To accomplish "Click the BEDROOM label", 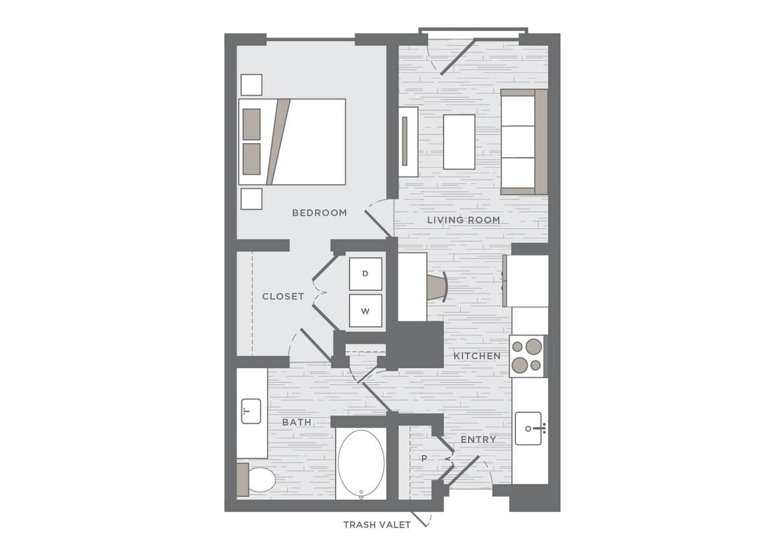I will pyautogui.click(x=319, y=213).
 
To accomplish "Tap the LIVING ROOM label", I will pyautogui.click(x=463, y=220).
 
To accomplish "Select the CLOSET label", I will pyautogui.click(x=283, y=296).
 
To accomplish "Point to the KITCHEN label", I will pyautogui.click(x=477, y=356).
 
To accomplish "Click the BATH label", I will pyautogui.click(x=297, y=422).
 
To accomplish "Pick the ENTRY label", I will pyautogui.click(x=478, y=440).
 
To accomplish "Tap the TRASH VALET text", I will pyautogui.click(x=377, y=525).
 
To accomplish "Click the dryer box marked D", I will pyautogui.click(x=365, y=273).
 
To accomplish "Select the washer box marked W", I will pyautogui.click(x=365, y=310).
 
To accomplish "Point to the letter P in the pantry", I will pyautogui.click(x=424, y=458).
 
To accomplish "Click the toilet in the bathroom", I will pyautogui.click(x=260, y=480).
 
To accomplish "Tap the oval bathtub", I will pyautogui.click(x=361, y=464).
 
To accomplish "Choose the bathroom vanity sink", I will pyautogui.click(x=251, y=411).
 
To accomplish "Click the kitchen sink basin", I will pyautogui.click(x=528, y=428).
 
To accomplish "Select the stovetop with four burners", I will pyautogui.click(x=526, y=356).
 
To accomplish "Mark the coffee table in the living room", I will pyautogui.click(x=459, y=142).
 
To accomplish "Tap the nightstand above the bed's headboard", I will pyautogui.click(x=251, y=84).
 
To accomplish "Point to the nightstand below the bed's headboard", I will pyautogui.click(x=251, y=199).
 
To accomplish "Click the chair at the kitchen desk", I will pyautogui.click(x=437, y=287).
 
